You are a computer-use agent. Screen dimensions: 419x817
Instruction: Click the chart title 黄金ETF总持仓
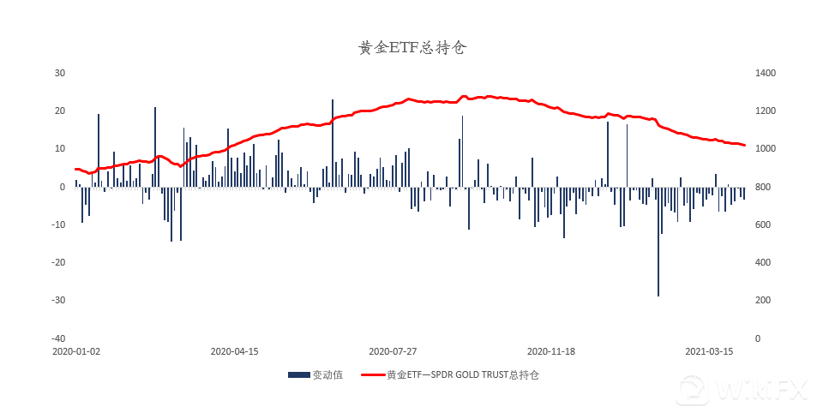[x=412, y=48]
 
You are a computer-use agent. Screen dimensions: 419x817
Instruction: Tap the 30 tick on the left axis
[x=60, y=74]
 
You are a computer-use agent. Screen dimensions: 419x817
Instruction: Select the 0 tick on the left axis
[x=63, y=187]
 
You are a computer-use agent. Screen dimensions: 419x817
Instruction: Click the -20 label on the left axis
[x=59, y=262]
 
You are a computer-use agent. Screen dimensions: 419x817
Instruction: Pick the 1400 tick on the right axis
[x=765, y=74]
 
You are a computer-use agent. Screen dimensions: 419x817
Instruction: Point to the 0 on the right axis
[x=757, y=338]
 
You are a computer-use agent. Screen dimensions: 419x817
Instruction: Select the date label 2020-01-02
[x=75, y=351]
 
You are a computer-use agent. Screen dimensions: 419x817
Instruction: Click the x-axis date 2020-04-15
[x=234, y=351]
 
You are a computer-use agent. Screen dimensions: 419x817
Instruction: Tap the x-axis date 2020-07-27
[x=393, y=351]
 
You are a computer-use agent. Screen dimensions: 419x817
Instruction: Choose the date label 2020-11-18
[x=550, y=351]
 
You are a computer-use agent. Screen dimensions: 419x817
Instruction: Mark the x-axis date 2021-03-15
[x=709, y=351]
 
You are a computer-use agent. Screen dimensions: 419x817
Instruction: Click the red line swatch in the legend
[x=372, y=374]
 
